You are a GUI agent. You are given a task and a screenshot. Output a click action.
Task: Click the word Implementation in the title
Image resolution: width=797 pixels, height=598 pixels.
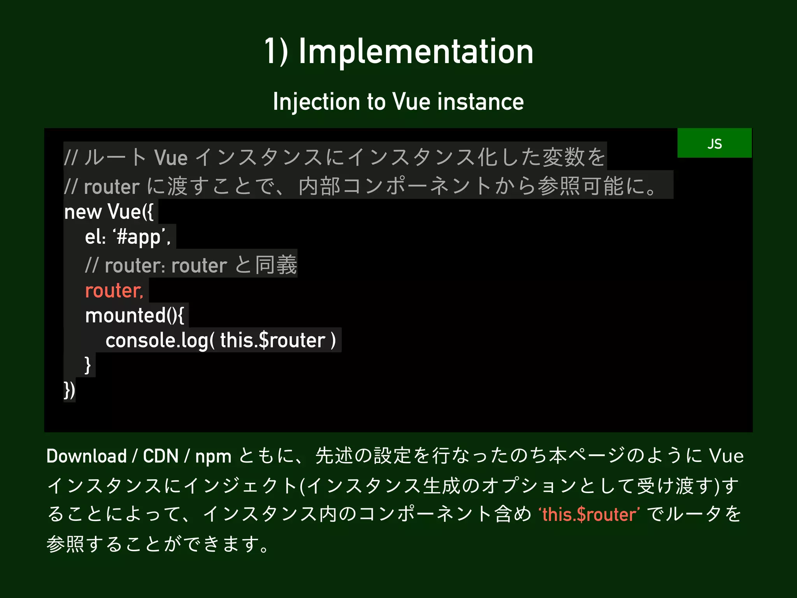[416, 52]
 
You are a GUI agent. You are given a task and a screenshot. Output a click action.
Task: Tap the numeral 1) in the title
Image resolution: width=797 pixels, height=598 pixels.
[276, 52]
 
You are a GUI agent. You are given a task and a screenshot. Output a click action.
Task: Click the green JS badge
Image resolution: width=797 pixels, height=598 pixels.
[714, 143]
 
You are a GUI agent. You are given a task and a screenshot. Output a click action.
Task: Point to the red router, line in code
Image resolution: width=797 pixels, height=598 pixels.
[114, 290]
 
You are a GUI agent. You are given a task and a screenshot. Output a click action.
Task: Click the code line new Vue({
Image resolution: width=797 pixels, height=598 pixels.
[109, 212]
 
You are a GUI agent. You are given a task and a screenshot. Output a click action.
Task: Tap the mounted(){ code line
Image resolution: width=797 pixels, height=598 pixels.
[134, 315]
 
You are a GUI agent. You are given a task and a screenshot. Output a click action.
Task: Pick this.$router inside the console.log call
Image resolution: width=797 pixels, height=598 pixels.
[272, 340]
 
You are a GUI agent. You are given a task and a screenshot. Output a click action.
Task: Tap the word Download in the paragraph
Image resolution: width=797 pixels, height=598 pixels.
[86, 456]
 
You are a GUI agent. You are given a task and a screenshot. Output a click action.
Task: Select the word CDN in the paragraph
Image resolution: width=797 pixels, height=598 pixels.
[160, 456]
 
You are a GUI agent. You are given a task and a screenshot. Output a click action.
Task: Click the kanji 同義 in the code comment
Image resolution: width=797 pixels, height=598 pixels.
[276, 265]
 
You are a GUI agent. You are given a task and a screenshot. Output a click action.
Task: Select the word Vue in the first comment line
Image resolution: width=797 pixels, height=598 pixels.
[171, 158]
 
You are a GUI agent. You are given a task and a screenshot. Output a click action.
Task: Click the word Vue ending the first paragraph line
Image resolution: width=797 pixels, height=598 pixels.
[726, 456]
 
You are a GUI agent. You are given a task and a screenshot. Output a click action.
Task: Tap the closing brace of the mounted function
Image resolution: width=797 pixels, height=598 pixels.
[88, 365]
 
